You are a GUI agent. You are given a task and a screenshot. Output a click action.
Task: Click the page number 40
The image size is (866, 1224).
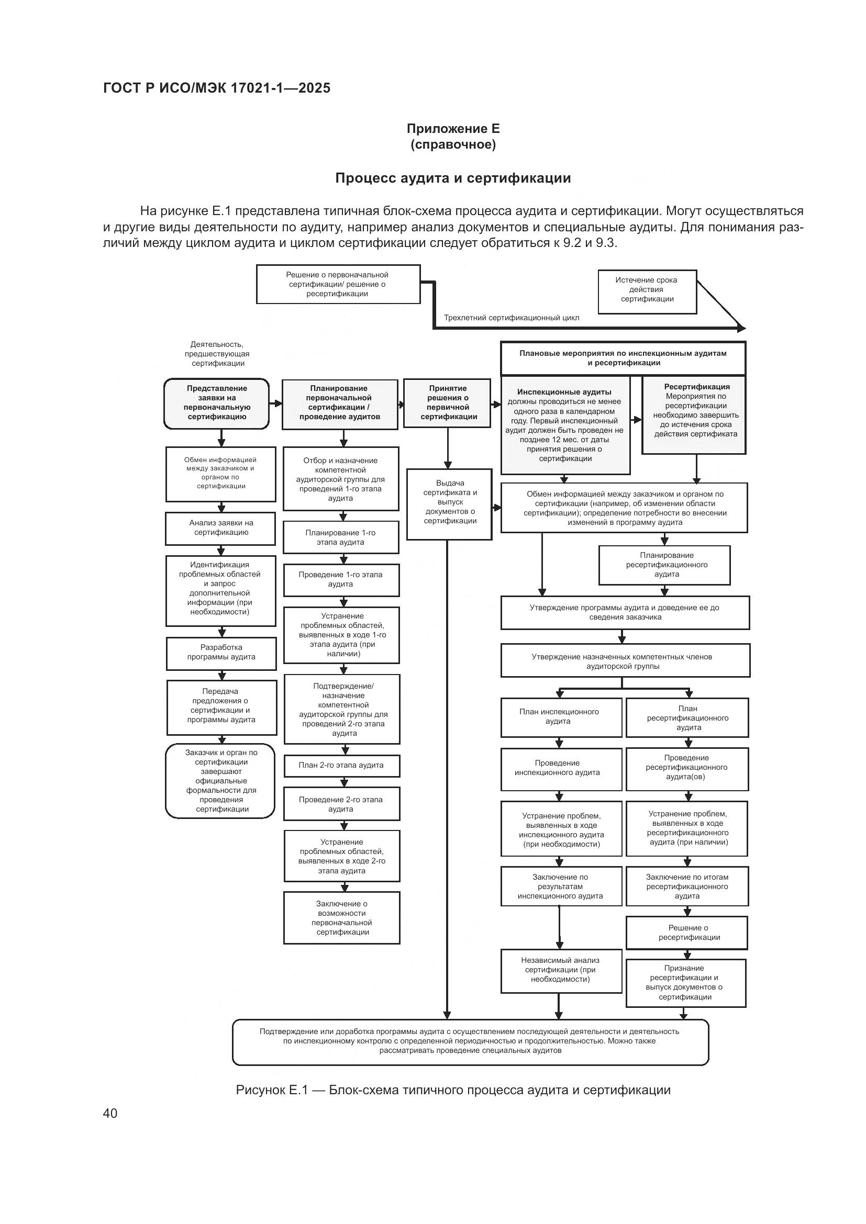tap(110, 1114)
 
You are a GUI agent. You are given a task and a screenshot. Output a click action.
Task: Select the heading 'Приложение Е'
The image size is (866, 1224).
tap(453, 129)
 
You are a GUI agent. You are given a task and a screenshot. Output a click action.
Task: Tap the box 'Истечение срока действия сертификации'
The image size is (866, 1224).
tap(647, 291)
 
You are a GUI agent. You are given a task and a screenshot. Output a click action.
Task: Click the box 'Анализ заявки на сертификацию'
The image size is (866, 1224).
tap(220, 529)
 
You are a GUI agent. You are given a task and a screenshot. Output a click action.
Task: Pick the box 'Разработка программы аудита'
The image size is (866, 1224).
tap(221, 653)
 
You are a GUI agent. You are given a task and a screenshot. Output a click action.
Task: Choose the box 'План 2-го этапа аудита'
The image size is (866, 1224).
tap(341, 766)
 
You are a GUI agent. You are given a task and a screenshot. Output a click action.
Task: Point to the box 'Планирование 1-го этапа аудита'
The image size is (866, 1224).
tap(341, 537)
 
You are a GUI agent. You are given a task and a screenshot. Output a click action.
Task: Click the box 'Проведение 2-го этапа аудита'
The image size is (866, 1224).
tap(341, 804)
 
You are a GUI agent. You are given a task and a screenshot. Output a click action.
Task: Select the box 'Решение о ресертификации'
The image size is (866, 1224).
tap(687, 933)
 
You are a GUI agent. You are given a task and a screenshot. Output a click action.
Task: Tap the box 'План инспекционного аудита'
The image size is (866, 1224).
tap(560, 717)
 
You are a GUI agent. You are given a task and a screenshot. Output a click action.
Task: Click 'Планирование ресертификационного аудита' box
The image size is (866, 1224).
tap(664, 565)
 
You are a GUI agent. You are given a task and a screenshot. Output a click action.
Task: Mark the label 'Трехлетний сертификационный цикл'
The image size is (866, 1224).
tap(512, 318)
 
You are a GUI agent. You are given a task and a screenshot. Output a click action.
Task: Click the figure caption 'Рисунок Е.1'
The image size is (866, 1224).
tap(453, 1090)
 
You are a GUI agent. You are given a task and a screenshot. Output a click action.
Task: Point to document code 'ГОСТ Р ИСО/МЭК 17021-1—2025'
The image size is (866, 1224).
tap(217, 88)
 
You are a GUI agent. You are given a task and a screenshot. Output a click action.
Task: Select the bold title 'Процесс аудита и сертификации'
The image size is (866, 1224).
tap(453, 178)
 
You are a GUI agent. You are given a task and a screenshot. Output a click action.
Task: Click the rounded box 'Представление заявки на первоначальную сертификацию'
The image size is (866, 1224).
tap(217, 403)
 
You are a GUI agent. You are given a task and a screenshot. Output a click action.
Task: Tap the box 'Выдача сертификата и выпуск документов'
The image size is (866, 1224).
tap(449, 503)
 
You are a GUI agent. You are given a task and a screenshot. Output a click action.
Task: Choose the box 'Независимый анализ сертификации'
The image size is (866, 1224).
tap(561, 970)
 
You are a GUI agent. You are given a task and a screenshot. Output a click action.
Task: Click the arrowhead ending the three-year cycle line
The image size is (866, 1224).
tap(741, 329)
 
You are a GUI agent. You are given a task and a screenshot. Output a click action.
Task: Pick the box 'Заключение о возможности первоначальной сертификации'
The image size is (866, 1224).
tap(342, 918)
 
